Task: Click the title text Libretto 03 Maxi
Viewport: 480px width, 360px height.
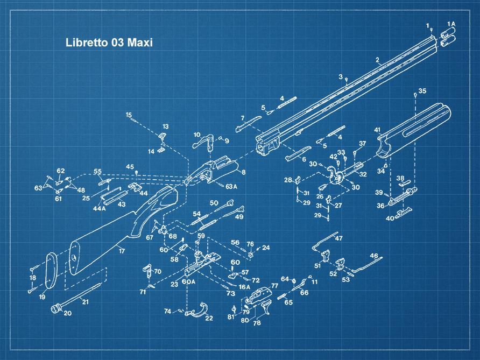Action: tap(109, 43)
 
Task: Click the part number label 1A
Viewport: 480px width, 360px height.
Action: tap(451, 24)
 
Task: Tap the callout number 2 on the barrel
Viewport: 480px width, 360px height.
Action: tap(377, 59)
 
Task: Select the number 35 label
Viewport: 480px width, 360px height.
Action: tap(422, 91)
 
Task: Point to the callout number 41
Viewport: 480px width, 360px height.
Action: tap(377, 130)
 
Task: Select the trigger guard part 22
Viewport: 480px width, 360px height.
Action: tap(200, 310)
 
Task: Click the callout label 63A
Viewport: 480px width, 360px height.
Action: tap(231, 187)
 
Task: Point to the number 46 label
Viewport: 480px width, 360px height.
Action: tap(374, 256)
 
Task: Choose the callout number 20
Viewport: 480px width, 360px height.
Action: tap(67, 313)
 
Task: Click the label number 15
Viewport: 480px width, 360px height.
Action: tap(129, 115)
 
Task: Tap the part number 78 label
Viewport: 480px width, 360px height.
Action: tap(257, 323)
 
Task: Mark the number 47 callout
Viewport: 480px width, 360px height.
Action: tap(339, 238)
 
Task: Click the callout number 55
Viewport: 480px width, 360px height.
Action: tap(97, 172)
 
